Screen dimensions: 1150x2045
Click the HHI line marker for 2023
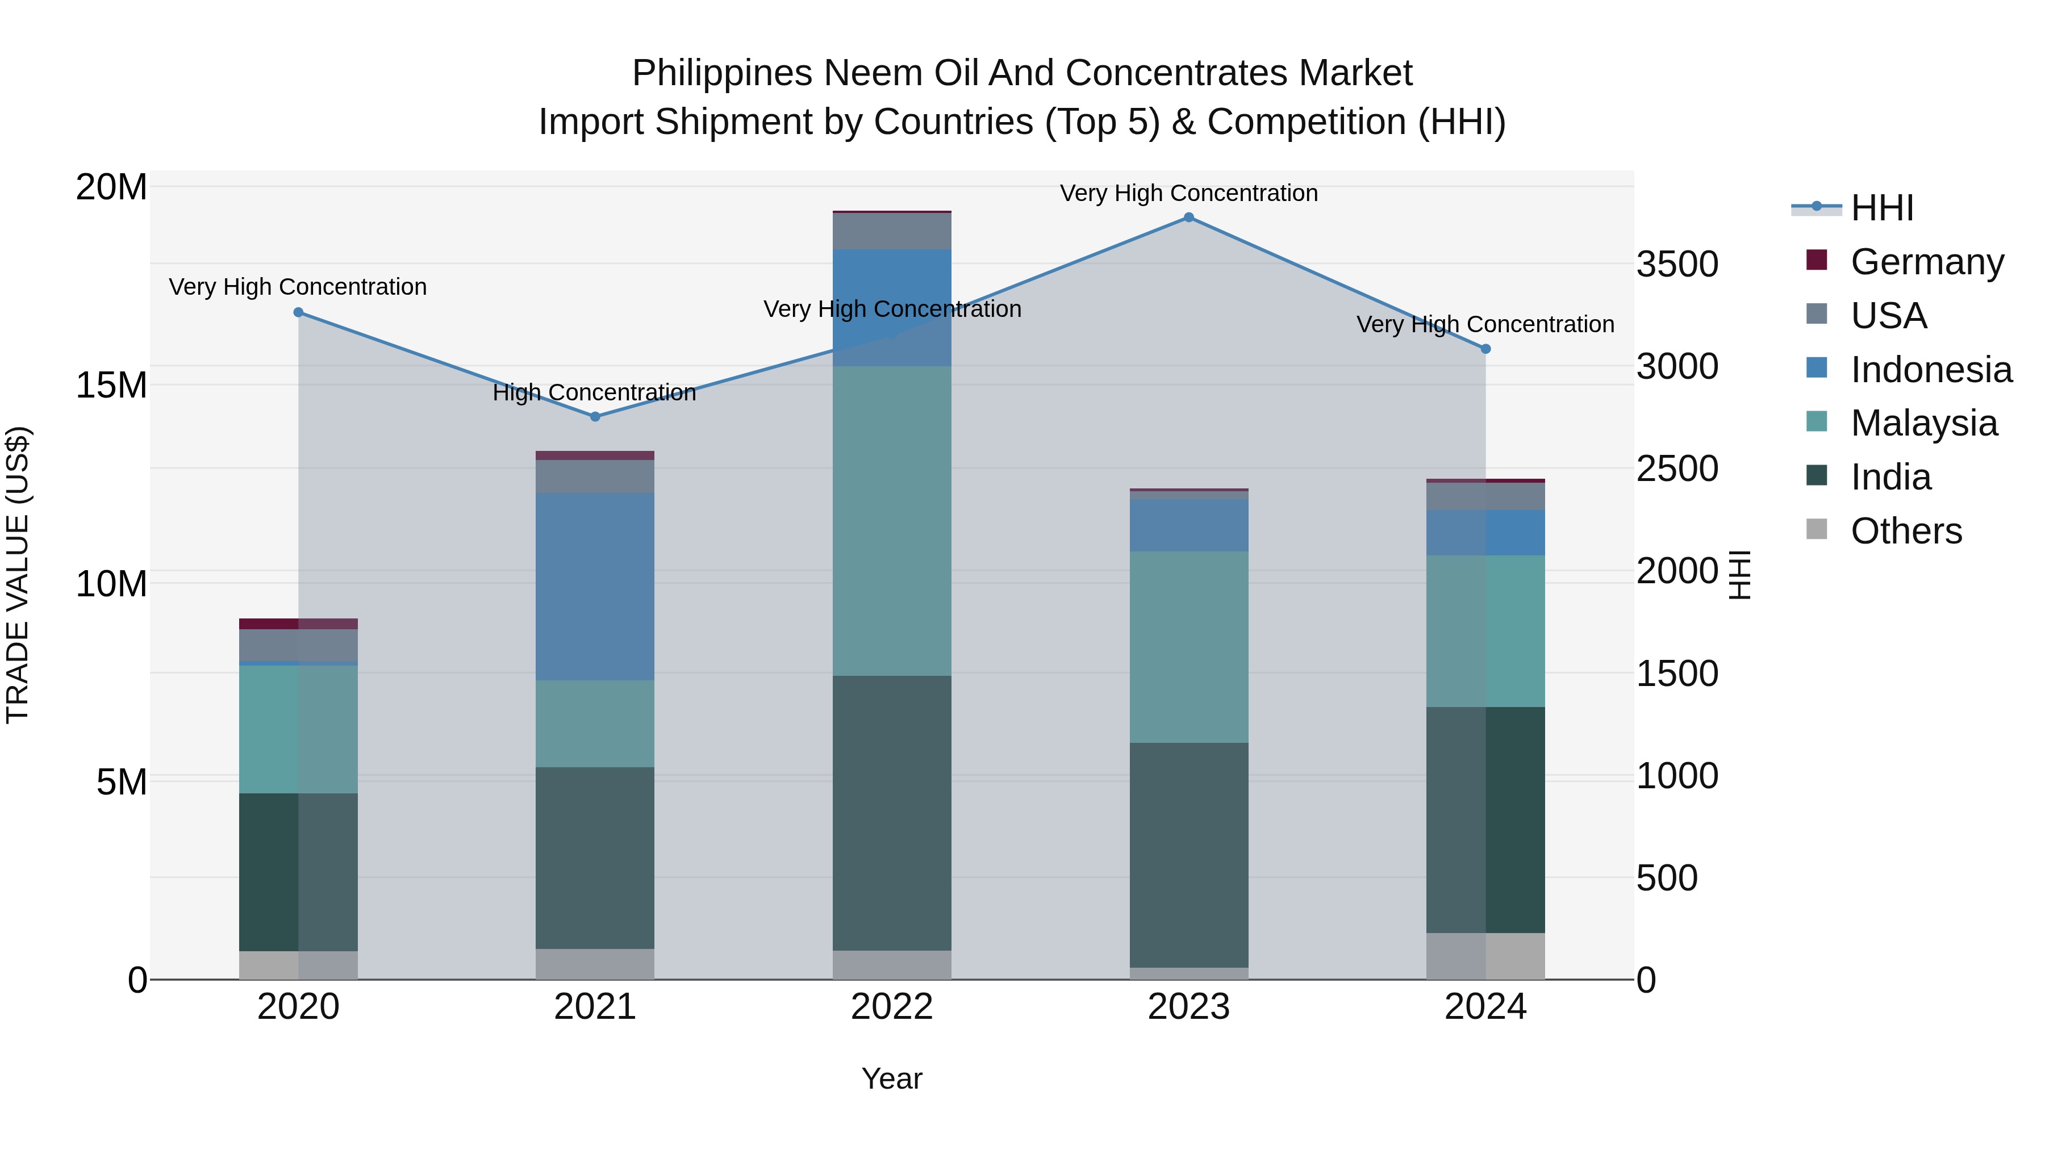point(1188,218)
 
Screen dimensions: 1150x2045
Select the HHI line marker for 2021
point(595,417)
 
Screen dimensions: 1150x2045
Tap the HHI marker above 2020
point(298,313)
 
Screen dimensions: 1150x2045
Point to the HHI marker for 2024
point(1486,349)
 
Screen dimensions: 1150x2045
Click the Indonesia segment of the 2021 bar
point(595,587)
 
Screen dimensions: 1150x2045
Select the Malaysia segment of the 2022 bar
point(891,521)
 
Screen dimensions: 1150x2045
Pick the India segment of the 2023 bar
point(1188,855)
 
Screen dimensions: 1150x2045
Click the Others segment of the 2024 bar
point(1486,956)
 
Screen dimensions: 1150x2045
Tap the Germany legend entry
point(1927,262)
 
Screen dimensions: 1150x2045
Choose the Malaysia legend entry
point(1923,423)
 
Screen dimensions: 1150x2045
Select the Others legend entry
point(1905,531)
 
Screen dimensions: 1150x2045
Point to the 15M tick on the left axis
point(111,386)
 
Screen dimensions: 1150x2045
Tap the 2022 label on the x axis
point(891,1007)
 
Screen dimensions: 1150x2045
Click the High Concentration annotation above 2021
point(595,393)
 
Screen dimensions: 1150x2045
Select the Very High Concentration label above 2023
point(1188,193)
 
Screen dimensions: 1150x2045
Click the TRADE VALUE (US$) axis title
point(18,575)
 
